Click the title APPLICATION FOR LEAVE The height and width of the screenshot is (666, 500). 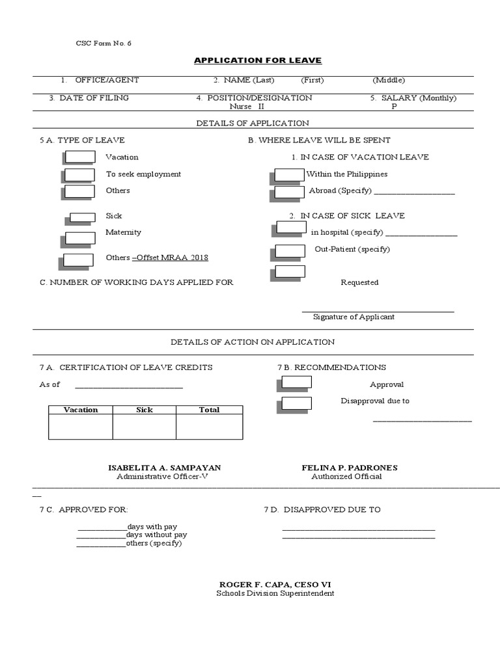[258, 60]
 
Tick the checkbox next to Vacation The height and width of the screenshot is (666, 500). [81, 157]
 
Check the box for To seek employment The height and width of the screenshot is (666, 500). [81, 174]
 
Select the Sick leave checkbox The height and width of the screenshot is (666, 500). [83, 217]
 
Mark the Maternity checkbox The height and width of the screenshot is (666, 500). [81, 237]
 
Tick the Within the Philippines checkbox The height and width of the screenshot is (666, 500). [290, 174]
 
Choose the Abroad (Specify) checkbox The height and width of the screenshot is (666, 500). [290, 192]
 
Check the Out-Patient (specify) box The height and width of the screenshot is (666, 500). [291, 250]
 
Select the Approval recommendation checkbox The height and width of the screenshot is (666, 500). [297, 383]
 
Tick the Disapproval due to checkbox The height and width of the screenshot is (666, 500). [297, 403]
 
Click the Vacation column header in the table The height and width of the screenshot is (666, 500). [81, 410]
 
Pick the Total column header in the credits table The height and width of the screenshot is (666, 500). [209, 410]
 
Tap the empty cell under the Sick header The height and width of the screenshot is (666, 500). [145, 427]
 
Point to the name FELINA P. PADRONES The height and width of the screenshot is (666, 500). [350, 468]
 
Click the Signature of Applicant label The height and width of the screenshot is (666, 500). [354, 317]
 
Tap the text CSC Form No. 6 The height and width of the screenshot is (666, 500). [104, 43]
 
